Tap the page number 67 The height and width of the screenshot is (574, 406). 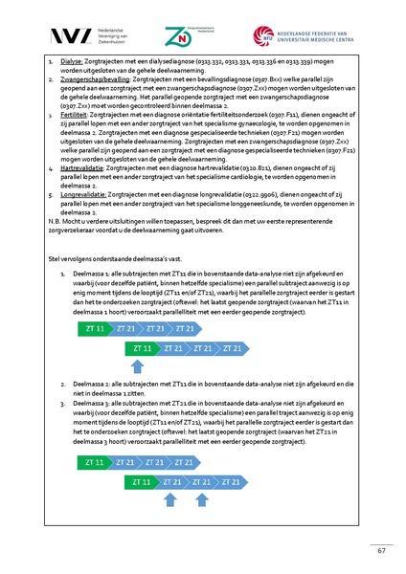point(380,549)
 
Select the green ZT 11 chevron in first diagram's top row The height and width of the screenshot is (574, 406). point(95,328)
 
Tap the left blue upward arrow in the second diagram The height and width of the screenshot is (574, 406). point(169,498)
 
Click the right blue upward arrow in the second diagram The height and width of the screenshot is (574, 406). point(201,498)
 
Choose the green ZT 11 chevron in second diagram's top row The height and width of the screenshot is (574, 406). point(95,463)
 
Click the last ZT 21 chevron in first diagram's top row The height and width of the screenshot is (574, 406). point(186,328)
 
